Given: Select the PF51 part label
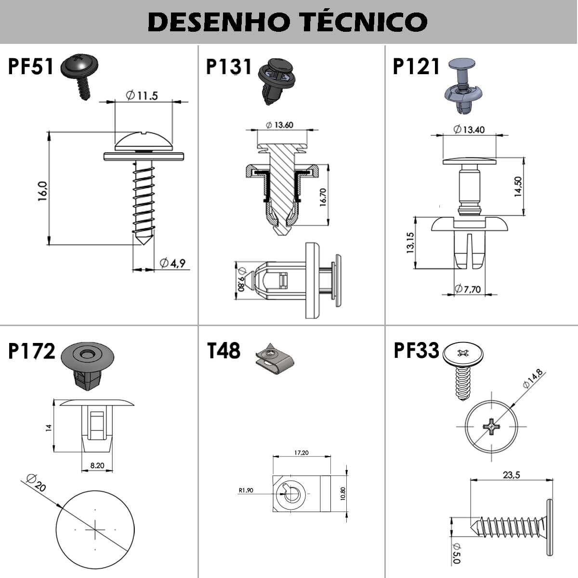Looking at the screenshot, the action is pos(31,66).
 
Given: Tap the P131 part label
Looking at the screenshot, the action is pos(229,66).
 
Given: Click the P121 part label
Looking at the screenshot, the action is pos(416,66).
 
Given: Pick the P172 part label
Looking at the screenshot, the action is pos(32,351).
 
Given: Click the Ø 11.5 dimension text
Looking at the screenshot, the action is pos(142,95).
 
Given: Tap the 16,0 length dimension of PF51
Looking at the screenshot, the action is pos(42,191).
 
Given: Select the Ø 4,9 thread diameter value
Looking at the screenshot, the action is pos(172,263).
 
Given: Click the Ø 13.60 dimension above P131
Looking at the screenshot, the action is pos(279,125).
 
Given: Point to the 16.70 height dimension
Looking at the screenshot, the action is pos(323,197).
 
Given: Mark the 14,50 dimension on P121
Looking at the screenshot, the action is pos(518,186).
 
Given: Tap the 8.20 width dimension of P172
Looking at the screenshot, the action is pos(97,465).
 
